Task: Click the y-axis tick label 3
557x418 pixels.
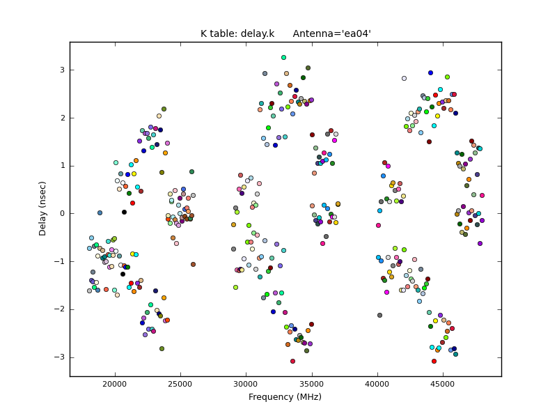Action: click(61, 70)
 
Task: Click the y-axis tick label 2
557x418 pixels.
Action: click(61, 118)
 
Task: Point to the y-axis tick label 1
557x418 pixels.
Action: click(61, 166)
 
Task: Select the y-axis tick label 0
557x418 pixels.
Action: click(61, 213)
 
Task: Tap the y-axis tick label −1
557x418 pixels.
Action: click(59, 261)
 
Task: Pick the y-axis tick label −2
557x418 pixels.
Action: click(59, 309)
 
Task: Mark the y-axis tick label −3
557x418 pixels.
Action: click(59, 357)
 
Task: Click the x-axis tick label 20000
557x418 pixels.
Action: click(115, 384)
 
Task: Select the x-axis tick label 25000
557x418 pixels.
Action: click(180, 384)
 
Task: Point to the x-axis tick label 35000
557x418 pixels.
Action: click(312, 384)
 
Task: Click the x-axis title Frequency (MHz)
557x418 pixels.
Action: click(285, 397)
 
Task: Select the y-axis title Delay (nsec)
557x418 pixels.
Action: click(43, 209)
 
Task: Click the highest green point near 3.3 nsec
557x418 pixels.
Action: click(283, 57)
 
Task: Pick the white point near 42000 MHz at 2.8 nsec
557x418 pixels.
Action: click(404, 78)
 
